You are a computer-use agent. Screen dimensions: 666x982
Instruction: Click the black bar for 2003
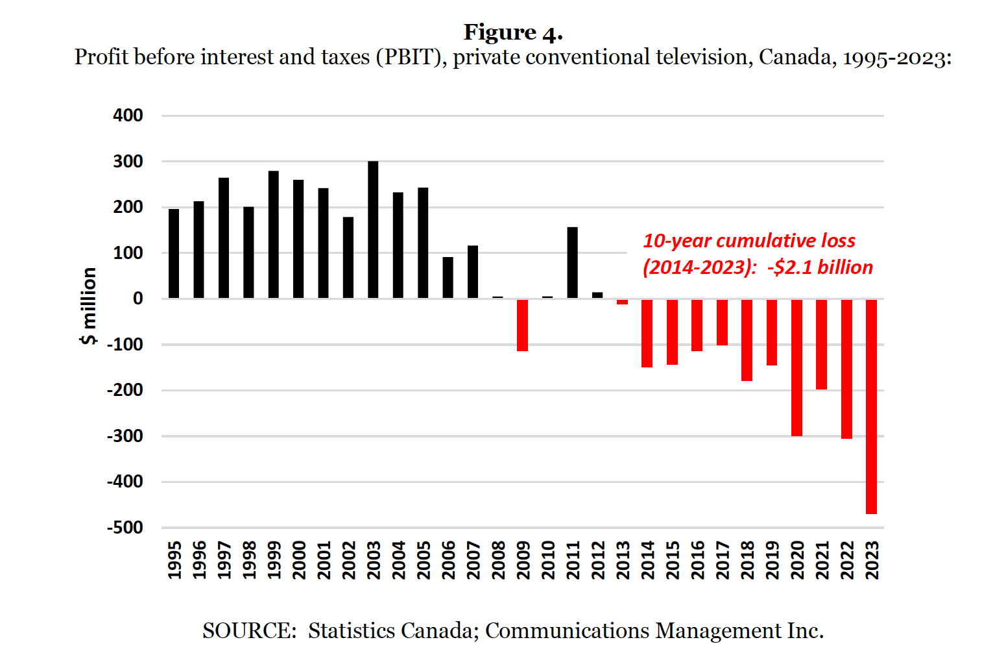pyautogui.click(x=373, y=230)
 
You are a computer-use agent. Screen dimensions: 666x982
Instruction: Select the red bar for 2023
pyautogui.click(x=871, y=406)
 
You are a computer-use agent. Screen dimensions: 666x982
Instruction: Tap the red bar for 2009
pyautogui.click(x=522, y=325)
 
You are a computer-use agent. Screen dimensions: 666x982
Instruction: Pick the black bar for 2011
pyautogui.click(x=572, y=263)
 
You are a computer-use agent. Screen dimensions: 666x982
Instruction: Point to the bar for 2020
pyautogui.click(x=796, y=367)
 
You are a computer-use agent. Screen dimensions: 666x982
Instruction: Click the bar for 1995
pyautogui.click(x=174, y=254)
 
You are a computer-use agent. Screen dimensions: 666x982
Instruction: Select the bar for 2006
pyautogui.click(x=448, y=278)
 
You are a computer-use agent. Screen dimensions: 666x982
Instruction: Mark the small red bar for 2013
pyautogui.click(x=622, y=302)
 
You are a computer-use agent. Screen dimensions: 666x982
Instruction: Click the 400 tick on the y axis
pyautogui.click(x=128, y=116)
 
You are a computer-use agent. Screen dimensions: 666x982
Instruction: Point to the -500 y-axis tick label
pyautogui.click(x=125, y=528)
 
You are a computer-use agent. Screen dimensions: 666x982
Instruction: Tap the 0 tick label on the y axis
pyautogui.click(x=138, y=299)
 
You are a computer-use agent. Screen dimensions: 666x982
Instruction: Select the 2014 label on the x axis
pyautogui.click(x=647, y=560)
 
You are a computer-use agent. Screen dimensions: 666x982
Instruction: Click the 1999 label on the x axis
pyautogui.click(x=274, y=560)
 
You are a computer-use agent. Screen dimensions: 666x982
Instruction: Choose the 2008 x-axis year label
pyautogui.click(x=498, y=560)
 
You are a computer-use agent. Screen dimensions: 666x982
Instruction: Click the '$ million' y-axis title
pyautogui.click(x=89, y=306)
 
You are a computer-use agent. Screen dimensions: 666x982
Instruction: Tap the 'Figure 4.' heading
pyautogui.click(x=512, y=32)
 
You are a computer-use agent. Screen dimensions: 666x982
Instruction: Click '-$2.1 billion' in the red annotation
pyautogui.click(x=820, y=267)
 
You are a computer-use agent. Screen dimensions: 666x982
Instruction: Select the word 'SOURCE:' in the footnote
pyautogui.click(x=249, y=630)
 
